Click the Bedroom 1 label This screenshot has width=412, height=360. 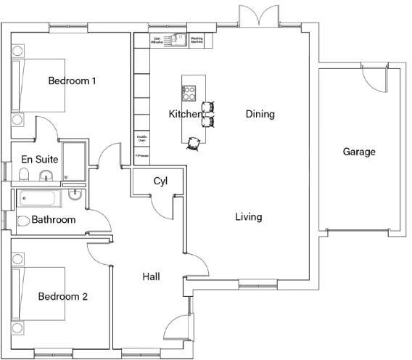pyautogui.click(x=72, y=81)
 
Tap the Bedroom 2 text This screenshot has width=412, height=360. pyautogui.click(x=63, y=296)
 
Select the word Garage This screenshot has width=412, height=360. pyautogui.click(x=359, y=152)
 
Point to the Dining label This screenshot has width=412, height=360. pyautogui.click(x=260, y=114)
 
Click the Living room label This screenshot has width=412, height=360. pyautogui.click(x=248, y=216)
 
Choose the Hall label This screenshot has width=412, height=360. pyautogui.click(x=151, y=277)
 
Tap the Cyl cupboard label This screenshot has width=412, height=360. pyautogui.click(x=160, y=181)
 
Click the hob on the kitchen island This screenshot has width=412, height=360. pyautogui.click(x=189, y=93)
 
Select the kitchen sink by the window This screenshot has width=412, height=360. pyautogui.click(x=174, y=40)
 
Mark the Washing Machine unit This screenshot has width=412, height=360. pyautogui.click(x=197, y=41)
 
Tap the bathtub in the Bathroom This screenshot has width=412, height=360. pyautogui.click(x=42, y=197)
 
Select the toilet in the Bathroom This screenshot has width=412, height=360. pyautogui.click(x=23, y=221)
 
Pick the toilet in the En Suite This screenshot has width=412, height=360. pyautogui.click(x=24, y=174)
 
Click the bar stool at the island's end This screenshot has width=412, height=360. pyautogui.click(x=194, y=143)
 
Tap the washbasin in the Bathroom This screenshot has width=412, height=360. pyautogui.click(x=75, y=195)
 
